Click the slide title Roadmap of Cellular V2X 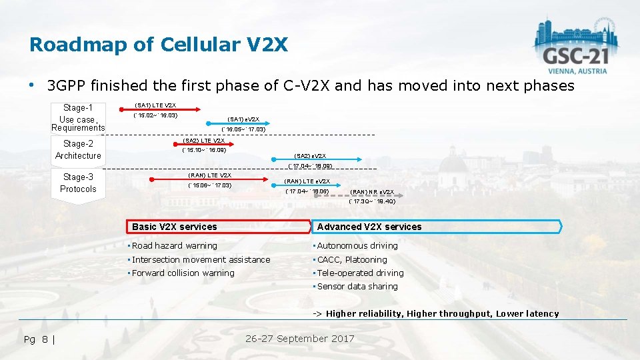(159, 45)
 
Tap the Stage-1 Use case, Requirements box (78, 117)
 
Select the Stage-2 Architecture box (78, 150)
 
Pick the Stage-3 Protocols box (78, 183)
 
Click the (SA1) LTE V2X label (155, 105)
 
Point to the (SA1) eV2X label (243, 119)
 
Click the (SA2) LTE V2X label (204, 141)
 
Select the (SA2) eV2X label (310, 156)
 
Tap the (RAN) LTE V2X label (209, 175)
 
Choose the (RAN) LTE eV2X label (307, 181)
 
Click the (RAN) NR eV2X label (372, 192)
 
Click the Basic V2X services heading (175, 227)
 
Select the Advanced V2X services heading (369, 227)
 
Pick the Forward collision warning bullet (183, 273)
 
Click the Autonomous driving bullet (357, 246)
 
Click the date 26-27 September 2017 (300, 339)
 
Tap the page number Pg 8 (39, 339)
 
